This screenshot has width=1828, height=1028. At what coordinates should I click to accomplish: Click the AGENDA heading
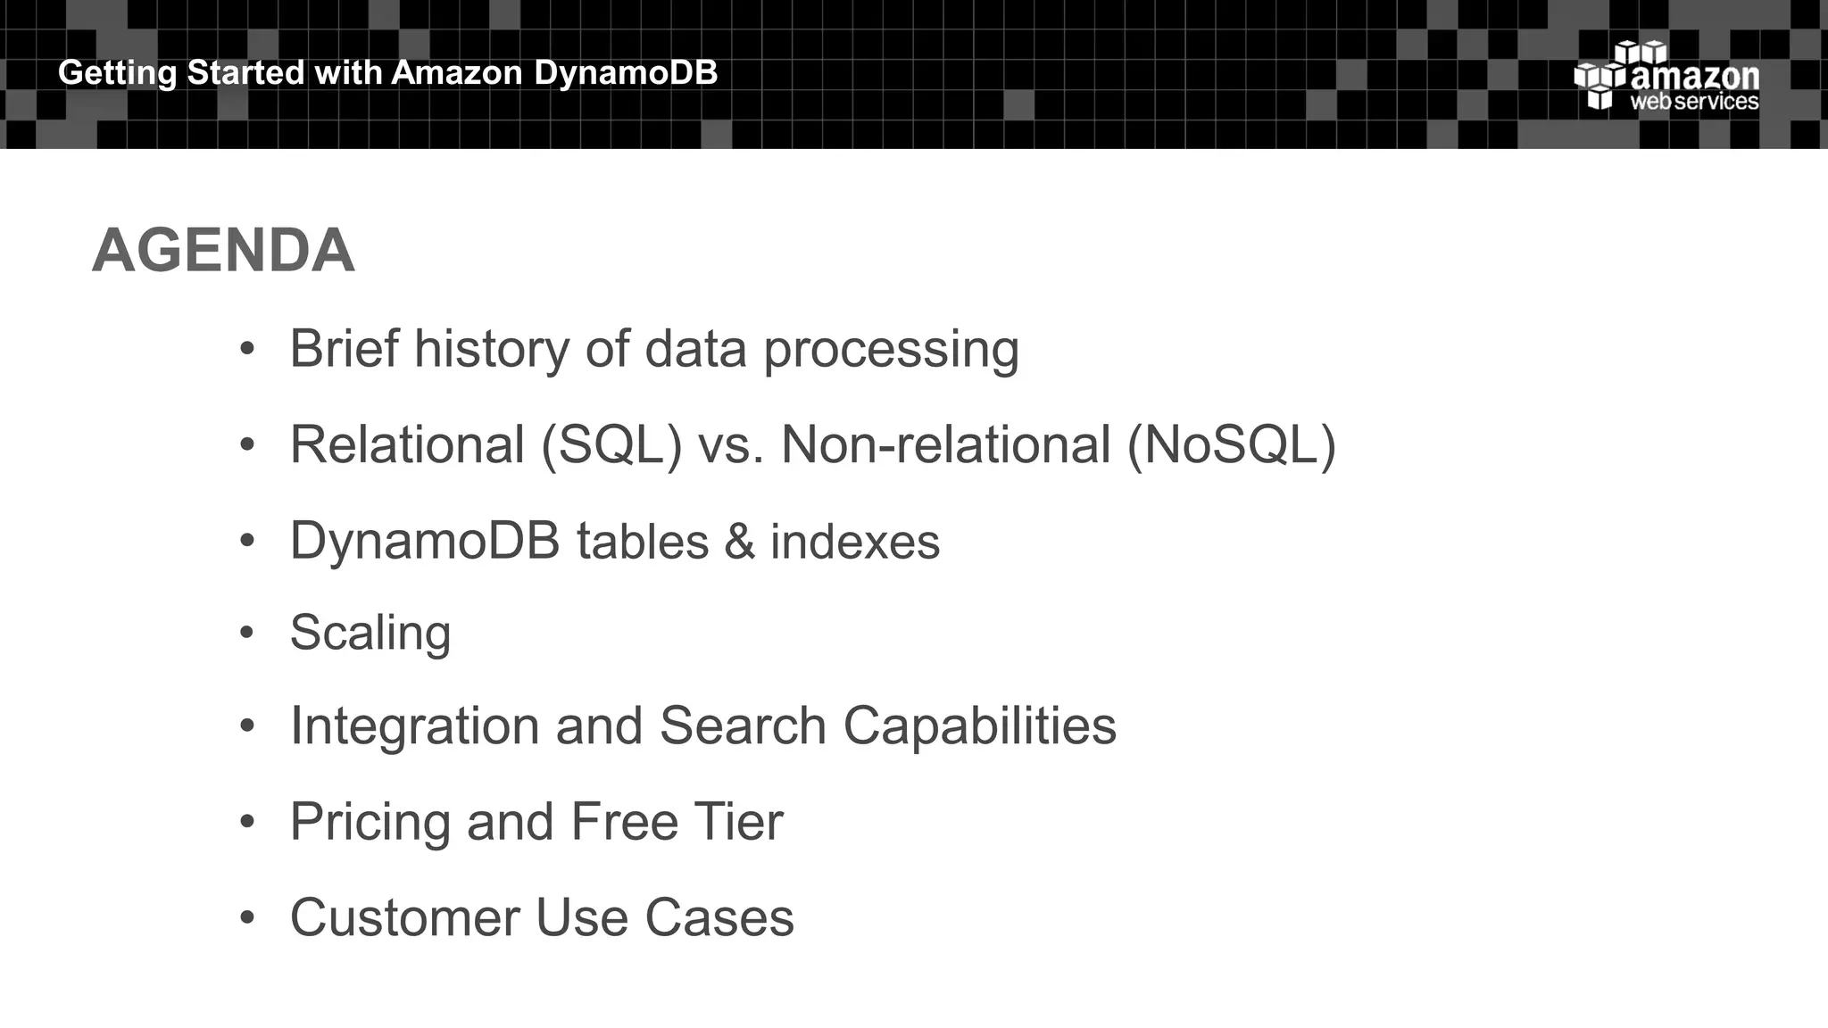click(223, 251)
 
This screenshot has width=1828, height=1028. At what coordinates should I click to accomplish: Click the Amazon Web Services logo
click(1666, 77)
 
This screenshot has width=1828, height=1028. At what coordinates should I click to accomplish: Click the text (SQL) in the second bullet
click(611, 444)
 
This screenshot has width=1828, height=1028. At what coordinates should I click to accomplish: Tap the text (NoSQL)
click(1231, 444)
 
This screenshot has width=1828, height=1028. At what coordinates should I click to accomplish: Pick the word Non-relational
click(945, 444)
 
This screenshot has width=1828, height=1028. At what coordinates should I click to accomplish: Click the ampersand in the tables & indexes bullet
click(739, 542)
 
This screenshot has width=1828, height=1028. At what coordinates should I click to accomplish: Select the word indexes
click(854, 542)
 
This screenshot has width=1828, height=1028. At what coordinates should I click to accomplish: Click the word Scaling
click(370, 634)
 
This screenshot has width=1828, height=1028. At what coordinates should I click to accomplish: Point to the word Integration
click(415, 726)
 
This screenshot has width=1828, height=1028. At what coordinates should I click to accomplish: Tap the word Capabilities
click(979, 726)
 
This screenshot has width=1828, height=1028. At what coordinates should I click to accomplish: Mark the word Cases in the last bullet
click(719, 917)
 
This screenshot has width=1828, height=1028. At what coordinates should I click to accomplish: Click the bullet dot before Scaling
click(247, 633)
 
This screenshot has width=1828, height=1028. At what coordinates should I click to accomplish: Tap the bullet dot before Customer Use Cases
click(247, 917)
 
